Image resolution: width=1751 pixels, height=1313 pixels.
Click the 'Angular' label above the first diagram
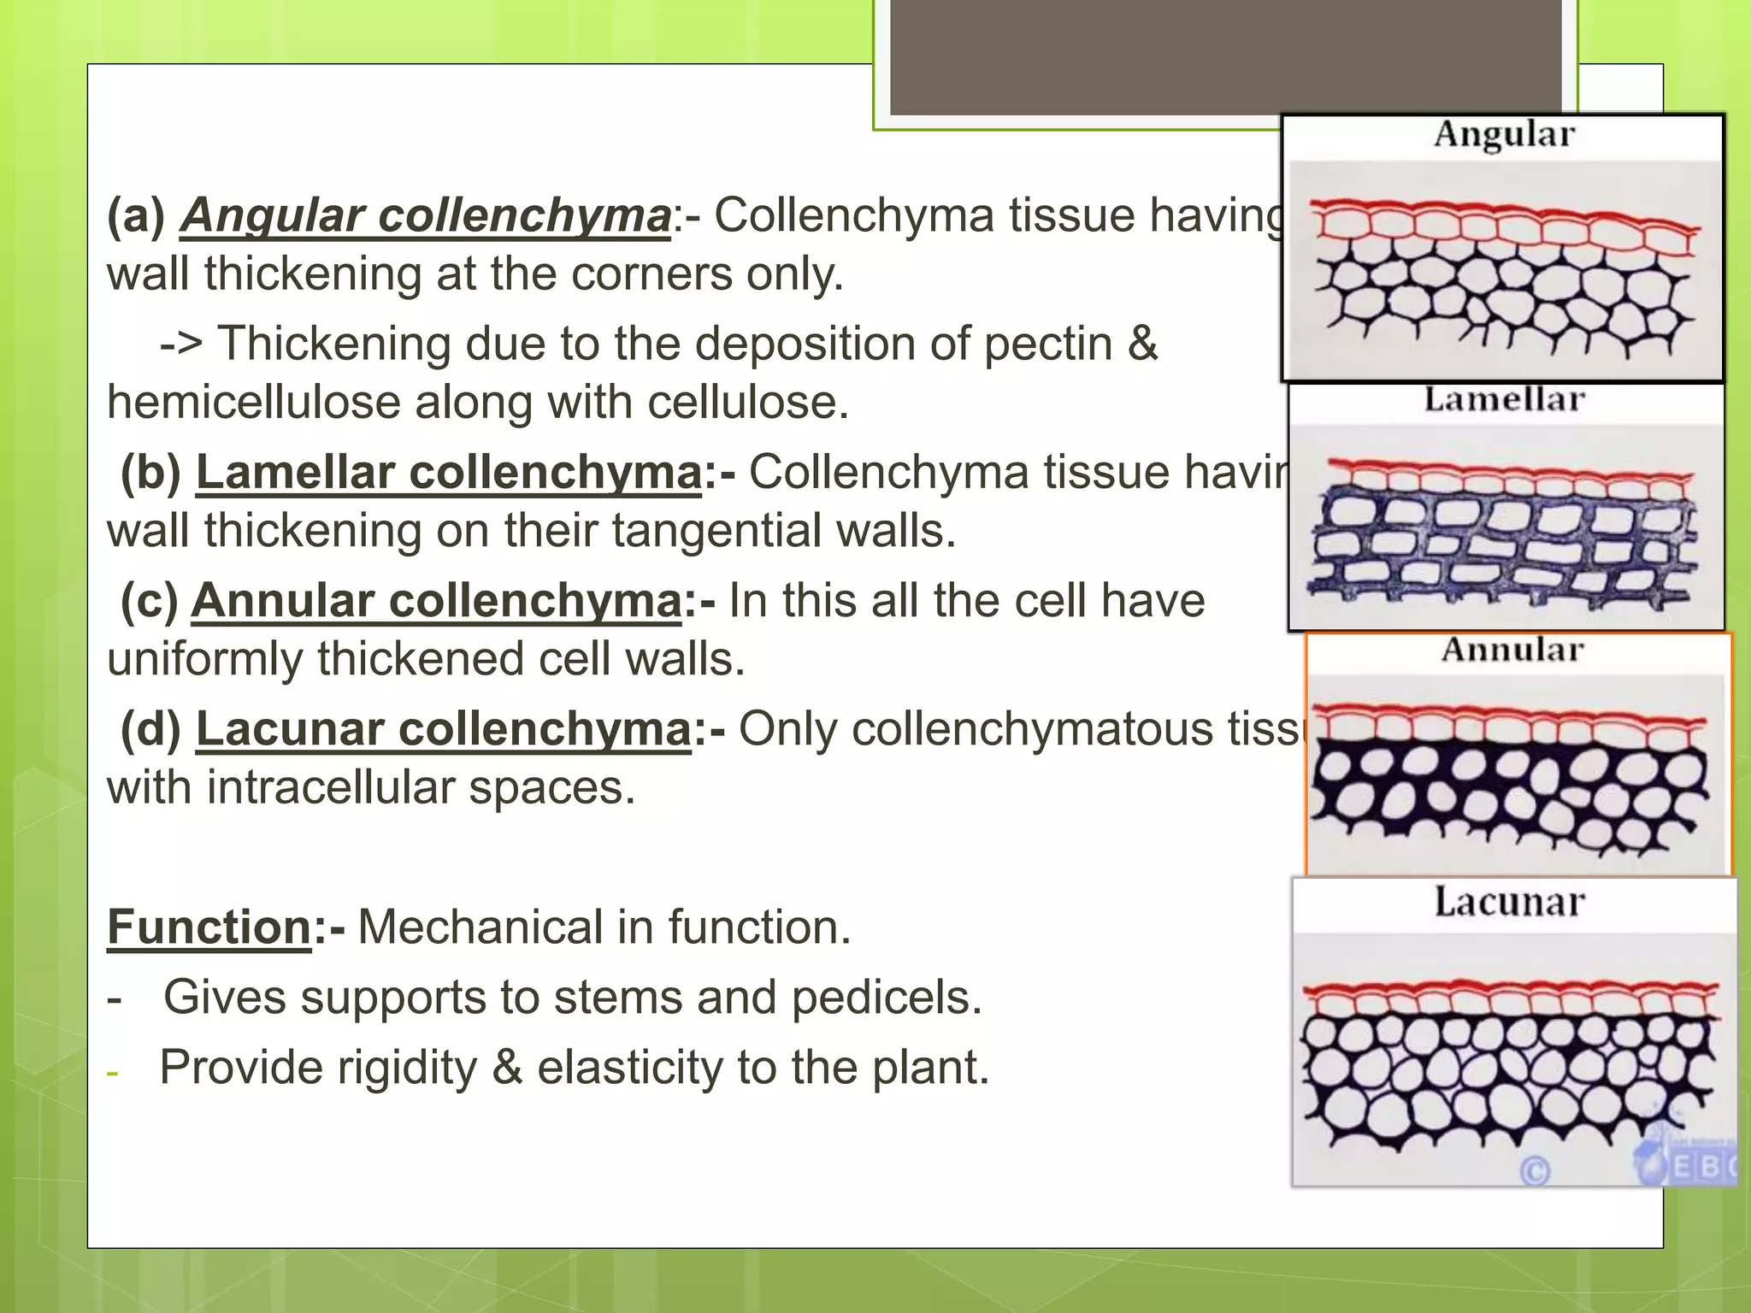(x=1504, y=135)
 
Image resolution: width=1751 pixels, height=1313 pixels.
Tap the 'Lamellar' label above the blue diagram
(x=1504, y=400)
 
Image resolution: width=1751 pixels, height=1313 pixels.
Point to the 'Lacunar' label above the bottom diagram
(x=1509, y=903)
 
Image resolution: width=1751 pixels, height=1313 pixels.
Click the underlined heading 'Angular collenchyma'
(x=425, y=215)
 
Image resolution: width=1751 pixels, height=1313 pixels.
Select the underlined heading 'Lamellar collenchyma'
(x=448, y=473)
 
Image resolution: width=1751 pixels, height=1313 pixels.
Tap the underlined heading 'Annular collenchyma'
(x=436, y=601)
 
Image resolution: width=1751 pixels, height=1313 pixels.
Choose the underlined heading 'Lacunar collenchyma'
(x=443, y=729)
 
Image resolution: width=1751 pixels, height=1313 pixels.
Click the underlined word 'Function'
(x=209, y=927)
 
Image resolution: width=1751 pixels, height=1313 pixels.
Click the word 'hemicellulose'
(x=253, y=403)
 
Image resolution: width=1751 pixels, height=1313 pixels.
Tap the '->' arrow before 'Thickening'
(x=181, y=344)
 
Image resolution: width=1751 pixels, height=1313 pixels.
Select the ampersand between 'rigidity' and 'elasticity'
(x=508, y=1069)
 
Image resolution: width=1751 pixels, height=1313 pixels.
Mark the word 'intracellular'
(x=330, y=787)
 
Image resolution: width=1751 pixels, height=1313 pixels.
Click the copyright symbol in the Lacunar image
(x=1535, y=1170)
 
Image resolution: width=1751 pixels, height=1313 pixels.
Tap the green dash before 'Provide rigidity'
(x=112, y=1072)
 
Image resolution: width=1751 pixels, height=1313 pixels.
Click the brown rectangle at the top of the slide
(x=1226, y=56)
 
